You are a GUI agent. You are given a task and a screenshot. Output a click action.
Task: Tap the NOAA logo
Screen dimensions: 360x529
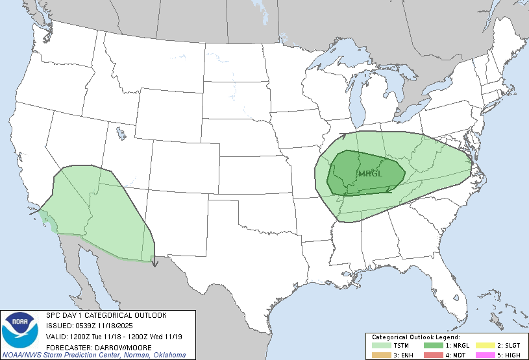(20, 330)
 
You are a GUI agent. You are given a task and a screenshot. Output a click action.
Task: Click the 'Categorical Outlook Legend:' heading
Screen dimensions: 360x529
(415, 337)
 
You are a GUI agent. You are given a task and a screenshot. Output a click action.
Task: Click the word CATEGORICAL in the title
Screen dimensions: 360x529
(105, 315)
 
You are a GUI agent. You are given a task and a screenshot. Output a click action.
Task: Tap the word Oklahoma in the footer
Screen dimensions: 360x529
(169, 355)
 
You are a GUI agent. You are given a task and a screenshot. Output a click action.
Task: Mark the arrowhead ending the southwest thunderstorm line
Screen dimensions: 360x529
(154, 263)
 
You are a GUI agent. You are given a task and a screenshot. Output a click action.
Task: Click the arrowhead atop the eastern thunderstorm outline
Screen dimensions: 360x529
(343, 136)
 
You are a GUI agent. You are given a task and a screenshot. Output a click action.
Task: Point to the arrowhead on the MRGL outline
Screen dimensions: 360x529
(389, 190)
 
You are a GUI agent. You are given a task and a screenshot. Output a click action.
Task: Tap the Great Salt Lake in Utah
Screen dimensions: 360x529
(121, 134)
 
